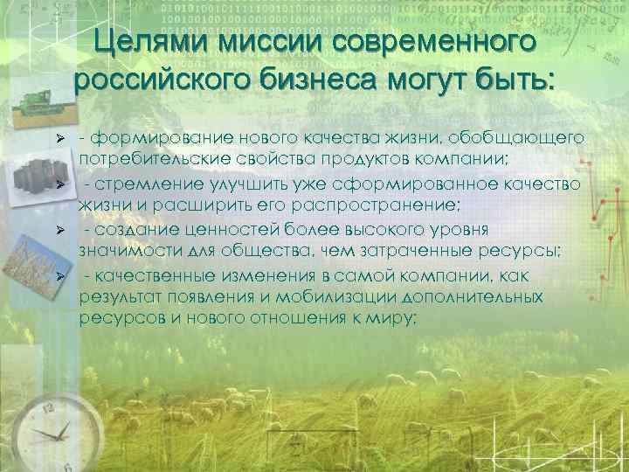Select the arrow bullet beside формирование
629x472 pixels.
(x=59, y=141)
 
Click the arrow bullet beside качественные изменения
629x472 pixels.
(x=59, y=276)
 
